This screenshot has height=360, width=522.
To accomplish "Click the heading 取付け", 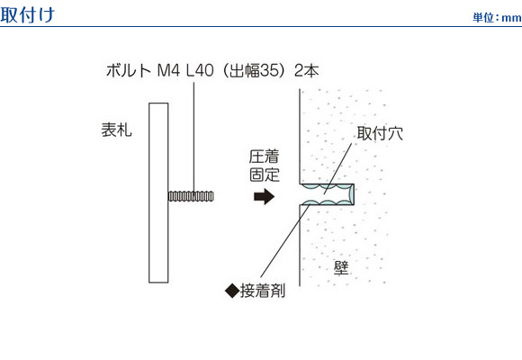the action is click(x=27, y=14).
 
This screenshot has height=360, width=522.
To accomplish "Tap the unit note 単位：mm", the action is click(x=497, y=17).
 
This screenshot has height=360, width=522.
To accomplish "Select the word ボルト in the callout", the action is click(x=129, y=70).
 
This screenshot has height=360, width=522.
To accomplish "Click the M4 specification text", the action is click(x=168, y=70).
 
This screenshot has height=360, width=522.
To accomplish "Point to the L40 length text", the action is click(x=200, y=70).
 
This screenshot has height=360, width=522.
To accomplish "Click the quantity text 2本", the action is click(x=307, y=70).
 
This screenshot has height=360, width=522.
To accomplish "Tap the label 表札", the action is click(x=116, y=130).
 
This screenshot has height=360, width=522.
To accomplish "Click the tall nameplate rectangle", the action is click(x=158, y=193).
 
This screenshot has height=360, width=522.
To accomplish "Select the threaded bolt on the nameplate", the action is click(x=191, y=196).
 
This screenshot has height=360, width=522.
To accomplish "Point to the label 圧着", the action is click(x=265, y=157).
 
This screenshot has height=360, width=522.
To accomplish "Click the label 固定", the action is click(x=265, y=175).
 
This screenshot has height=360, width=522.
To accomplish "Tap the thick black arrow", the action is click(x=264, y=196).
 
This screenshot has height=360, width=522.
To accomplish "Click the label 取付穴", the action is click(x=380, y=133).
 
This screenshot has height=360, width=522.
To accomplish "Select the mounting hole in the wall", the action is click(x=327, y=194).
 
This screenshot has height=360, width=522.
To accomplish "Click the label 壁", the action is click(x=341, y=268).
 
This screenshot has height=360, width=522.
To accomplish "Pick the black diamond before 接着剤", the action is click(x=232, y=291).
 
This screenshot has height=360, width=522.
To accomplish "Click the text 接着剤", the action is click(x=263, y=291).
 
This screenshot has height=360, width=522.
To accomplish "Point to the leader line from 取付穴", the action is click(x=337, y=168).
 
